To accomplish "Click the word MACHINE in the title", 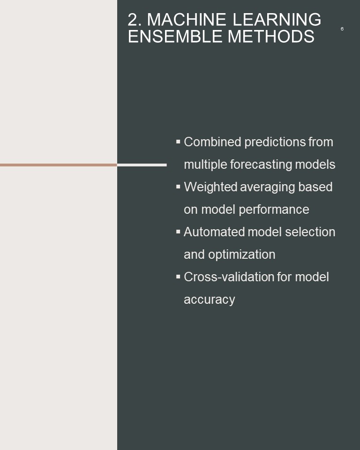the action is pyautogui.click(x=186, y=20).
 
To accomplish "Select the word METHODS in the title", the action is pyautogui.click(x=271, y=37).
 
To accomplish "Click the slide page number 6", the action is pyautogui.click(x=342, y=29).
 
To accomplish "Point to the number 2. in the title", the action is pyautogui.click(x=135, y=20).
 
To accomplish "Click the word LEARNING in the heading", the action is pyautogui.click(x=277, y=20).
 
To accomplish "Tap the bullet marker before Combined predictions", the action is pyautogui.click(x=178, y=142).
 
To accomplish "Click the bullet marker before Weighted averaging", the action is pyautogui.click(x=178, y=187).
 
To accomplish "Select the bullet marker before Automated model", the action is pyautogui.click(x=178, y=232).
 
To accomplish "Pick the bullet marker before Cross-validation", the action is pyautogui.click(x=178, y=277).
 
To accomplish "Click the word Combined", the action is pyautogui.click(x=212, y=142).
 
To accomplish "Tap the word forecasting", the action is pyautogui.click(x=261, y=165).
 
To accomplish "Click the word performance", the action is pyautogui.click(x=274, y=210).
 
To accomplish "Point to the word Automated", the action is pyautogui.click(x=214, y=232).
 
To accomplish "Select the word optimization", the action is pyautogui.click(x=242, y=255).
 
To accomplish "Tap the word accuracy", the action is pyautogui.click(x=209, y=300).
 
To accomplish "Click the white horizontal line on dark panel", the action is pyautogui.click(x=142, y=165).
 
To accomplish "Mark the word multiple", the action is pyautogui.click(x=206, y=165).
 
